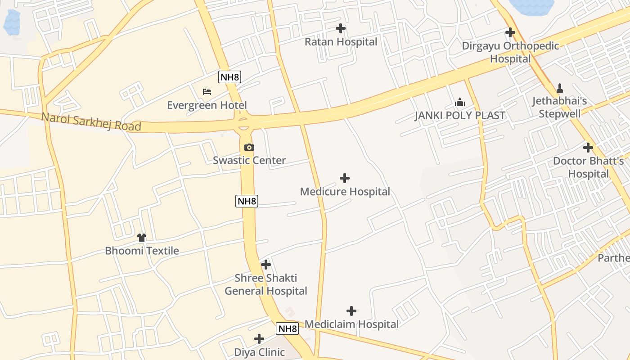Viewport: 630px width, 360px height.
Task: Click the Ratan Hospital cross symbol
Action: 341,28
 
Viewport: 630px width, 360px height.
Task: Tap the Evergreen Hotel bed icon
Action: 207,92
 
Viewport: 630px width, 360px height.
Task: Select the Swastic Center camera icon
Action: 249,147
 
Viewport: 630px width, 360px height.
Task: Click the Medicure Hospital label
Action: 345,192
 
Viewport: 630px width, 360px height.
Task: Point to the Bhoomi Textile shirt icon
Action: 142,237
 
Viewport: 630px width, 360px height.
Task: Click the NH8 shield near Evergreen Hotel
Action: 230,77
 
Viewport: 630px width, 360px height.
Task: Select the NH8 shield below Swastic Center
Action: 247,201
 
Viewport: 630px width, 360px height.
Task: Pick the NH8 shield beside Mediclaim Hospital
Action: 287,328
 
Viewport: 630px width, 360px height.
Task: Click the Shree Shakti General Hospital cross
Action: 266,265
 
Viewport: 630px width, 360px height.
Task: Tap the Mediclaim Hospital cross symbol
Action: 351,311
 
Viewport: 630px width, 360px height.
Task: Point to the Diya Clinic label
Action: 259,352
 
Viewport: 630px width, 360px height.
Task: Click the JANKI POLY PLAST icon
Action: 459,102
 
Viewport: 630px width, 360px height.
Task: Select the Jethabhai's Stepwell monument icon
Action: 560,88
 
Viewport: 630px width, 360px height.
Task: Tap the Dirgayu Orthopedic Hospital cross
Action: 510,32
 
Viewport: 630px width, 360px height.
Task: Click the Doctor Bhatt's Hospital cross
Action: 588,147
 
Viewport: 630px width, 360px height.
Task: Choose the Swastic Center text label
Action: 249,160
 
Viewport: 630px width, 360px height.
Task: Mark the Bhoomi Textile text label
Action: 142,251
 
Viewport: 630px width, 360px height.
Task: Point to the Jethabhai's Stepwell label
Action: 560,107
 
